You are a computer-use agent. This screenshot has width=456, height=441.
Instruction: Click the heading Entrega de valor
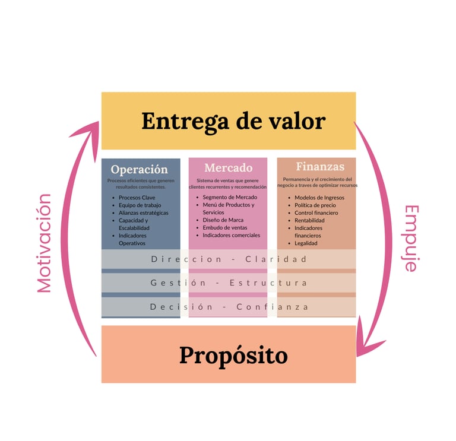233,121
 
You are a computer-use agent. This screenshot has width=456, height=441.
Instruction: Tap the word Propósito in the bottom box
233,356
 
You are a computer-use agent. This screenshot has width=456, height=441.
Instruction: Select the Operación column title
139,169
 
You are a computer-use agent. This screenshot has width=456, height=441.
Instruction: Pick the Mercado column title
228,168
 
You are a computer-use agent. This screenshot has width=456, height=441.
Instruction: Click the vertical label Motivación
44,243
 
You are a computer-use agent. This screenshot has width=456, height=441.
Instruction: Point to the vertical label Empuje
411,238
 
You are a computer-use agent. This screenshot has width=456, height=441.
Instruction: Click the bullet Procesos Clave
137,198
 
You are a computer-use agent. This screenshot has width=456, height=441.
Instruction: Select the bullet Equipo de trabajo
140,205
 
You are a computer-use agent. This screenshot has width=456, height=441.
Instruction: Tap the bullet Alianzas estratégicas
143,213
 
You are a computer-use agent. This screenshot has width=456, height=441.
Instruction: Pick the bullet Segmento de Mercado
230,197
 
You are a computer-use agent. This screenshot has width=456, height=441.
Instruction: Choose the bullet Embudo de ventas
225,228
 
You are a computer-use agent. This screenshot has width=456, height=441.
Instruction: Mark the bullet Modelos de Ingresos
319,198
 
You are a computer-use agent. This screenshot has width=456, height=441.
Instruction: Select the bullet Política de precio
315,205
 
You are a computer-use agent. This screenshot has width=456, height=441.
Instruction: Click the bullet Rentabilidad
309,221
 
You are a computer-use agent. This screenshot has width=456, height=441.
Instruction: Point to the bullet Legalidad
306,243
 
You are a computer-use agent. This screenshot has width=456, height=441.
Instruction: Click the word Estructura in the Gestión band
268,283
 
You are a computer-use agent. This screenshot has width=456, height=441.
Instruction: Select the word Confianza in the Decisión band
273,307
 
